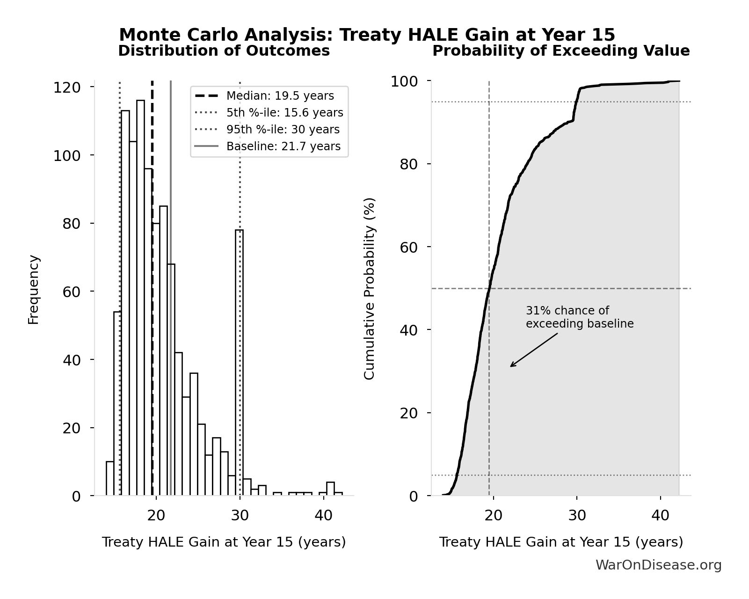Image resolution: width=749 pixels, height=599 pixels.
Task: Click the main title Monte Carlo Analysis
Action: coord(367,35)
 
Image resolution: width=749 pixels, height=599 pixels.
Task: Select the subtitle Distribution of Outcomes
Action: coord(224,51)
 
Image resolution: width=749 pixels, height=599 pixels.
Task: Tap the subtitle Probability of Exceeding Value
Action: coord(560,51)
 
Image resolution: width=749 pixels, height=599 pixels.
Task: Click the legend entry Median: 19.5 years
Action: coord(280,96)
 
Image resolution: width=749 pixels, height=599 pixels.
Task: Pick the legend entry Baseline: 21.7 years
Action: coord(283,146)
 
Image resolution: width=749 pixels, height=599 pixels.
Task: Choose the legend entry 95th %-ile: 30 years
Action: coord(283,130)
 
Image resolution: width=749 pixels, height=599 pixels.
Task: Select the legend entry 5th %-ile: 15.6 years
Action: coord(284,113)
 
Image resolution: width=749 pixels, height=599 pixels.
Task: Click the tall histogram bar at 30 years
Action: coord(239,365)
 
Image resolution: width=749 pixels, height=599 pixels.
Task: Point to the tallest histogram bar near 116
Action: coord(140,299)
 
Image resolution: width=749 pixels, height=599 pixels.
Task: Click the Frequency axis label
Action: coord(34,289)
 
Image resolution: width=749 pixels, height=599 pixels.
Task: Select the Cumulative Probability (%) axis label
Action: coord(370,288)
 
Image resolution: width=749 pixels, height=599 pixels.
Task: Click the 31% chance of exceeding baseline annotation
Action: coord(579,317)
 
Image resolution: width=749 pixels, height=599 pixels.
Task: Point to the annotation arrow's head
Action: coord(511,366)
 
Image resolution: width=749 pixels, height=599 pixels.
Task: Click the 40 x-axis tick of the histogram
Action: coord(323,515)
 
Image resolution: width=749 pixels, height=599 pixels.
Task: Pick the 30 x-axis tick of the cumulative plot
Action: coord(577,515)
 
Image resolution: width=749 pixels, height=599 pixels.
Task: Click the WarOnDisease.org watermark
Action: coord(658,565)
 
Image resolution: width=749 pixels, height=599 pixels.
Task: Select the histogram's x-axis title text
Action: coord(224,542)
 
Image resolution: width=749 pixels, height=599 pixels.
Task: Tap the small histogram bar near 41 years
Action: coord(330,489)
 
